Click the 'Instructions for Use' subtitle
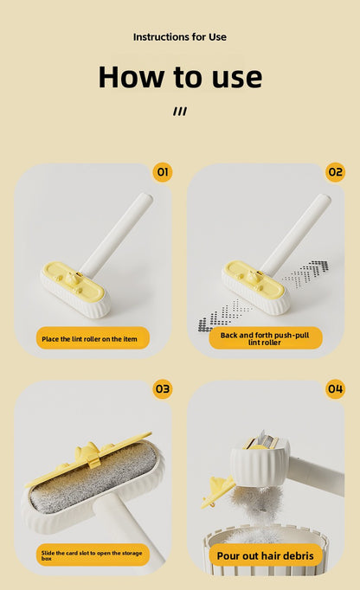point(180,37)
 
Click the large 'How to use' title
point(180,76)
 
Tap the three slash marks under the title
point(180,111)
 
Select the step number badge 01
point(162,172)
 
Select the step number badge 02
point(335,172)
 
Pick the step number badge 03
point(162,389)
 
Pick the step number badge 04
point(335,389)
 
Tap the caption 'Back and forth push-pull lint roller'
point(266,338)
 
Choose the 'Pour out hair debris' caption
point(268,556)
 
